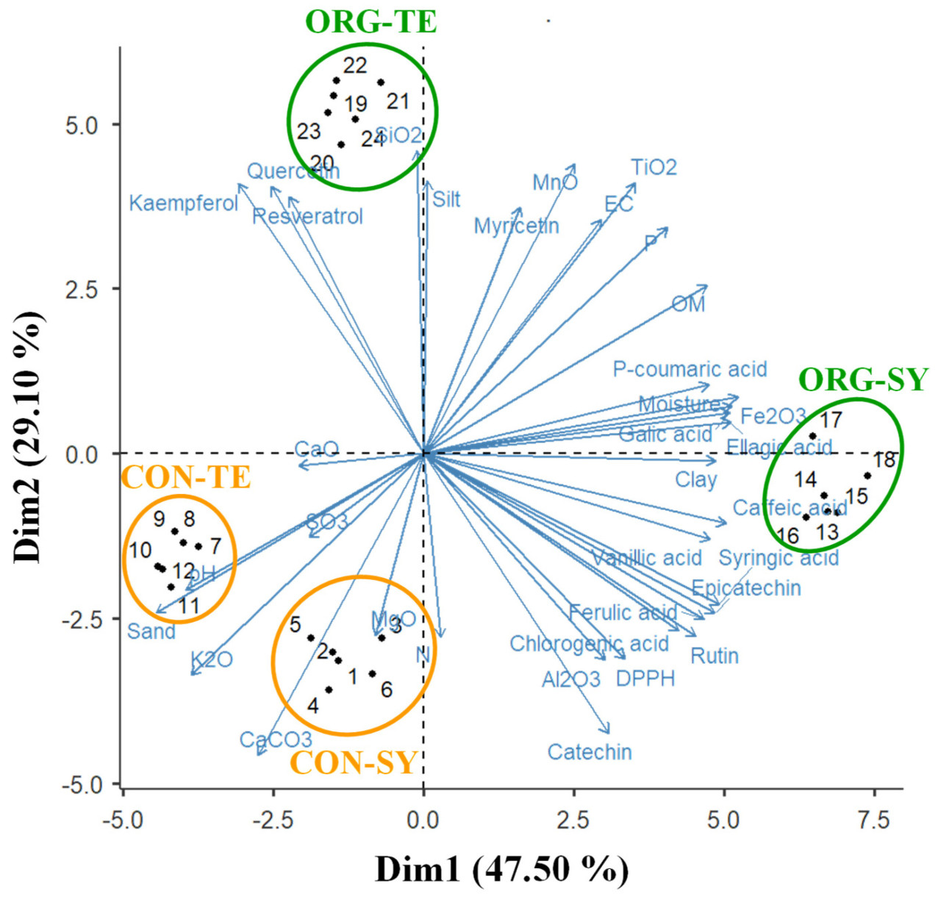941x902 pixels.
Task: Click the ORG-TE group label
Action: coord(371,22)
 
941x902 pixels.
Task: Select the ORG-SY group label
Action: coord(863,379)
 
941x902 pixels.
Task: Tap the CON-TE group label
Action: coord(186,478)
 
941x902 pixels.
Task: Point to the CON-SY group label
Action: coord(354,763)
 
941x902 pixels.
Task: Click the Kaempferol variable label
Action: coord(183,203)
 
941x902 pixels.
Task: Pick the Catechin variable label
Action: coord(590,752)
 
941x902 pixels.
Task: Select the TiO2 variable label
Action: coord(654,168)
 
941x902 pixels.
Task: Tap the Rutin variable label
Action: coord(714,656)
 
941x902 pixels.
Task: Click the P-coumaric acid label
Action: coord(690,369)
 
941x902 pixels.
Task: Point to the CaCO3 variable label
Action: coord(276,740)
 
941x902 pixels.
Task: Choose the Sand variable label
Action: coord(151,631)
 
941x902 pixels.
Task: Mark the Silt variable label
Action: coord(446,199)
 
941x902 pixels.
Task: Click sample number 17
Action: coord(831,420)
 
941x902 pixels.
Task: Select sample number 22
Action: coord(355,65)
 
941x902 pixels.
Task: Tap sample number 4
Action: coord(313,706)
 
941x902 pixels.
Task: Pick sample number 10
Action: coord(140,550)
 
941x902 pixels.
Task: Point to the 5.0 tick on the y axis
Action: coord(82,125)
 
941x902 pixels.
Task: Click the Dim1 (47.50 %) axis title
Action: coord(501,870)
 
